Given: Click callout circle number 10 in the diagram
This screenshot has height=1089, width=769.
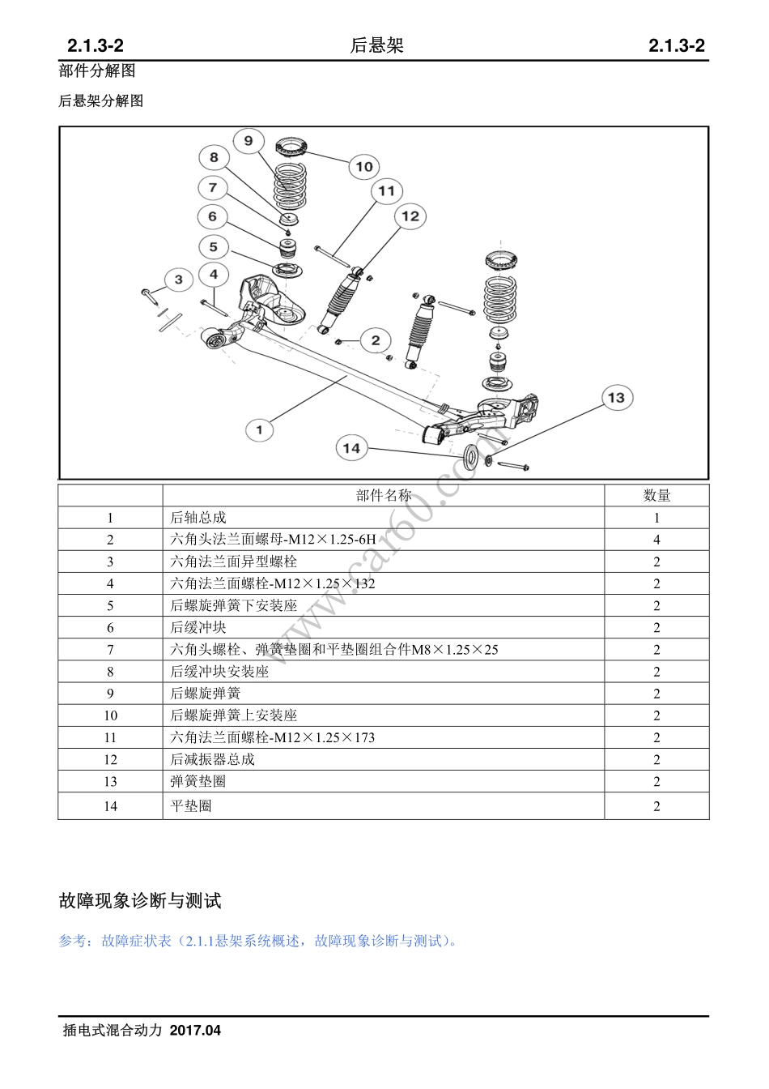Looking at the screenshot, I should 364,167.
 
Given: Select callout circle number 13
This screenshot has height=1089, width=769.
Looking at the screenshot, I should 617,398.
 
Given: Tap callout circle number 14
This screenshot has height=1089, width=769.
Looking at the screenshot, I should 351,448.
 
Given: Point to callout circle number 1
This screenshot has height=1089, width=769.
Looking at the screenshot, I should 260,429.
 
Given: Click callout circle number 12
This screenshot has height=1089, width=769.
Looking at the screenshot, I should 410,216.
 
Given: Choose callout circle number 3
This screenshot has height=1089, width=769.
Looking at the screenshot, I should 179,280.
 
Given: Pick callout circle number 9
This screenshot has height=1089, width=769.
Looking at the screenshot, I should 249,141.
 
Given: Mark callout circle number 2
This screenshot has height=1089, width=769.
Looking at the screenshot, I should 376,340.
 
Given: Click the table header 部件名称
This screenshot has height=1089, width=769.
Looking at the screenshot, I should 383,496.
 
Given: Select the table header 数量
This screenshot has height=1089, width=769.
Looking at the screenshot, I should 656,496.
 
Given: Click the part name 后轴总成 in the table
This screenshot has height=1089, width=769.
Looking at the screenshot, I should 198,518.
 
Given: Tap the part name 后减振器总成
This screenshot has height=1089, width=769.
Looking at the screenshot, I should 212,759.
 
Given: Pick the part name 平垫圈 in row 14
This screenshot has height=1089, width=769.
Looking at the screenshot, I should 191,806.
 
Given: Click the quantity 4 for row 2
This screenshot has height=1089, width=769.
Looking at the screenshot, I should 656,540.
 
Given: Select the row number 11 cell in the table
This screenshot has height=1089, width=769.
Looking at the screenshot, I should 110,737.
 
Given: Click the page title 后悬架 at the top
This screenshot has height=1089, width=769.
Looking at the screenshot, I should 376,46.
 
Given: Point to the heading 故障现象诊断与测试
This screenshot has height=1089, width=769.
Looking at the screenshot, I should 140,901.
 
